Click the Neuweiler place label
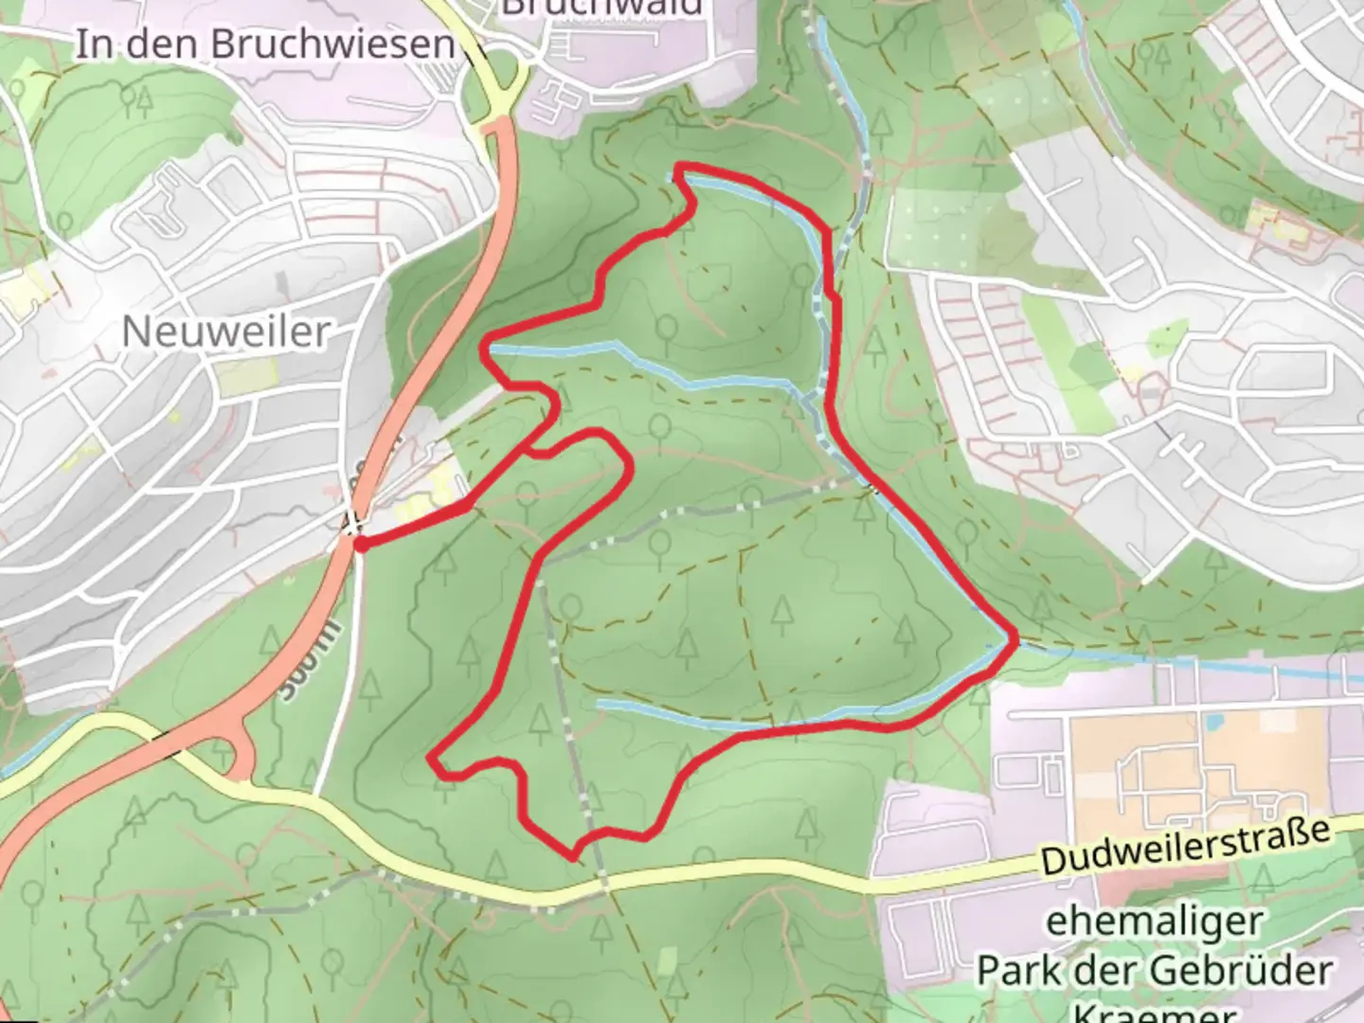click(226, 332)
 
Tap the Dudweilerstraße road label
click(1183, 848)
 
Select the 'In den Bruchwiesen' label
click(264, 45)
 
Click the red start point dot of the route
click(361, 543)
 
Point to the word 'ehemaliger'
click(1154, 921)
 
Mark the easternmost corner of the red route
click(1016, 642)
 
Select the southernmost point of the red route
click(572, 858)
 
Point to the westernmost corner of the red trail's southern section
click(432, 759)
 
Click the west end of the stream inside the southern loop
click(600, 704)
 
